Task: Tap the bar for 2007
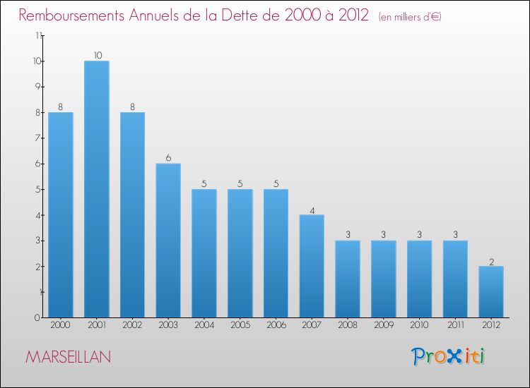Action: [312, 266]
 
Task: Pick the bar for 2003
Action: [168, 241]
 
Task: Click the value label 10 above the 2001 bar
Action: [96, 56]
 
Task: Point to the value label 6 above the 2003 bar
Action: [168, 158]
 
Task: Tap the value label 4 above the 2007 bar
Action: [312, 210]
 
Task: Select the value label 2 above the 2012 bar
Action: [491, 261]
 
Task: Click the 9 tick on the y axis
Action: [37, 87]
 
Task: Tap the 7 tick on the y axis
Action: [37, 138]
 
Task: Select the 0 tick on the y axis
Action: [37, 318]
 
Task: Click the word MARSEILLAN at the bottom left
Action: [68, 357]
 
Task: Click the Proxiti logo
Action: [448, 356]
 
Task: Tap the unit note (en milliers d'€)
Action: [410, 17]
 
